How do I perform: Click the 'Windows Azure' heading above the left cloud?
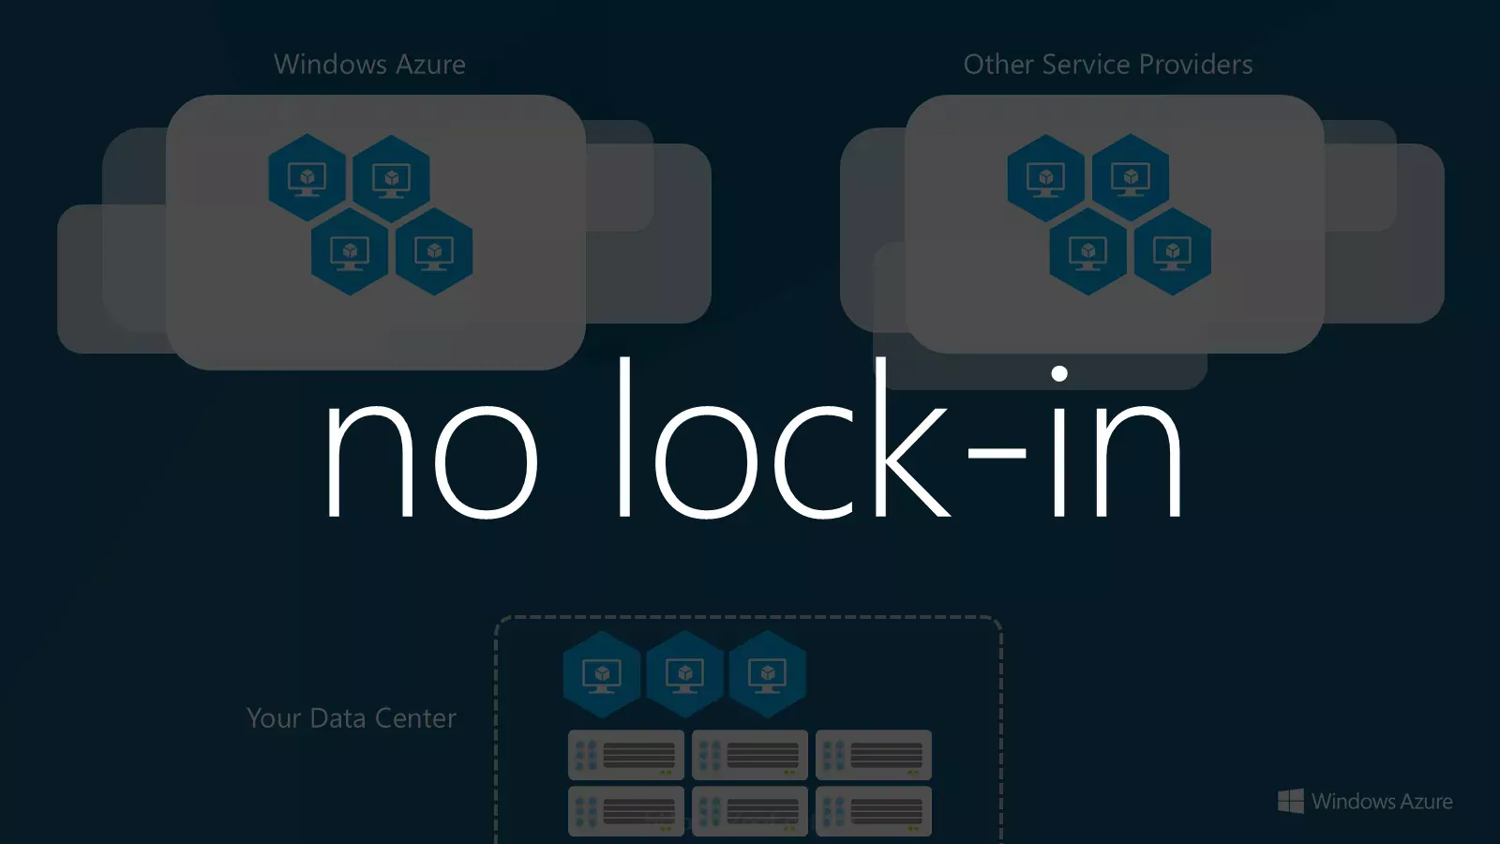point(369,65)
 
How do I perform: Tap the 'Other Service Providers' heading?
point(1107,65)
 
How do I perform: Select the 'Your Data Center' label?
point(352,718)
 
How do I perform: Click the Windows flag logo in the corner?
point(1290,801)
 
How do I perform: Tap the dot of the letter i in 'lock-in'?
point(1059,373)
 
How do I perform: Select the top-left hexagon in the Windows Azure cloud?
point(307,177)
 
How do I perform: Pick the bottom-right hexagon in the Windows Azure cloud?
point(434,251)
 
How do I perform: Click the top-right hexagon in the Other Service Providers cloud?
point(1131,177)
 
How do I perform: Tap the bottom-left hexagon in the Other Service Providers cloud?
point(1088,251)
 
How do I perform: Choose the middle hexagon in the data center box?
point(684,674)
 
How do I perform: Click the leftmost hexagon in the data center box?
point(602,674)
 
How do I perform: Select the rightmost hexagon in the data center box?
point(768,674)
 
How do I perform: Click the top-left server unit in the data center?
point(626,755)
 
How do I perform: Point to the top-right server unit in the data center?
point(873,755)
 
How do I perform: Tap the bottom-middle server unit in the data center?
point(749,811)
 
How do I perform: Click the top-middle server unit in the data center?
point(749,755)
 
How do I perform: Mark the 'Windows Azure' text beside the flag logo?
point(1382,801)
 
